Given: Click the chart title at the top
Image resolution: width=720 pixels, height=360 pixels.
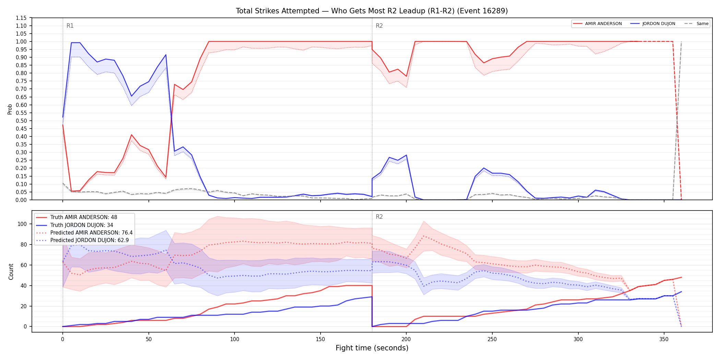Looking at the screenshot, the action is pyautogui.click(x=372, y=11).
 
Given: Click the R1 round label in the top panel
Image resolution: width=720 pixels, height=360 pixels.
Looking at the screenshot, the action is pyautogui.click(x=70, y=26).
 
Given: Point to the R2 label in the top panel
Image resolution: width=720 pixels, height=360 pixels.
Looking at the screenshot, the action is pyautogui.click(x=379, y=26).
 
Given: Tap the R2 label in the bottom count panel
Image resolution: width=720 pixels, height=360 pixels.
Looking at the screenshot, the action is pyautogui.click(x=379, y=217).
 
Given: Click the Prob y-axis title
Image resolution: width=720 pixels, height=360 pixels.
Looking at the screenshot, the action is pyautogui.click(x=10, y=109).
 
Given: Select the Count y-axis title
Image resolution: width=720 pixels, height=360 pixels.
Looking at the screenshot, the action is pyautogui.click(x=11, y=272).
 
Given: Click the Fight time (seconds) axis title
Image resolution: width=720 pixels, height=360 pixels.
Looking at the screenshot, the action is pyautogui.click(x=372, y=348).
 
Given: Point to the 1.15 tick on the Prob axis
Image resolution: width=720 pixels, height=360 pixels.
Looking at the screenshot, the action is pyautogui.click(x=21, y=18).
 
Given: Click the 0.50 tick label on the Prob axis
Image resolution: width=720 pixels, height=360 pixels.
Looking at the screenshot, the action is pyautogui.click(x=21, y=121).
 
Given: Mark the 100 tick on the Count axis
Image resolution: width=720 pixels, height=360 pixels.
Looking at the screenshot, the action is pyautogui.click(x=22, y=224).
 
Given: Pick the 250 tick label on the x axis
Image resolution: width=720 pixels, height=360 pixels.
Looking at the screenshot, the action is pyautogui.click(x=492, y=339).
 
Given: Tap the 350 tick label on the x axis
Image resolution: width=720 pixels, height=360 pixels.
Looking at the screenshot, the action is pyautogui.click(x=664, y=339).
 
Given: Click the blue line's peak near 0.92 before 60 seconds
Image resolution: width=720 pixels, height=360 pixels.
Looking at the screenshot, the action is pyautogui.click(x=166, y=55).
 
